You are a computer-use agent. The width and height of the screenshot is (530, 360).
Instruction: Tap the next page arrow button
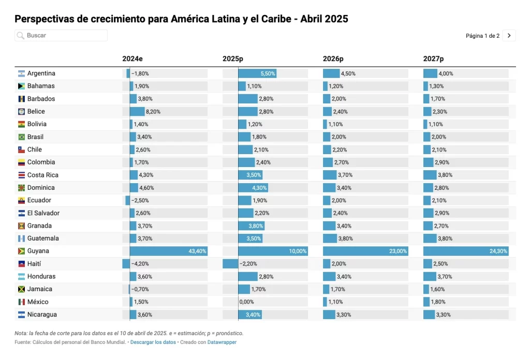509,35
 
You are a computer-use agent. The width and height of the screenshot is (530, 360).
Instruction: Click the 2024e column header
132,59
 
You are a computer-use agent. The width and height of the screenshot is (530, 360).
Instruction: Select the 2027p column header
433,59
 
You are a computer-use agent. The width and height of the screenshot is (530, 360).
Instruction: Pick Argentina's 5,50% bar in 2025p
257,73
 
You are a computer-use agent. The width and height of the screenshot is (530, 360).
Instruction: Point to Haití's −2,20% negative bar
230,264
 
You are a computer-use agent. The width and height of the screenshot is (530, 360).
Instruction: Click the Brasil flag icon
21,137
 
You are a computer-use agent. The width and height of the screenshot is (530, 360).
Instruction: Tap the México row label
38,302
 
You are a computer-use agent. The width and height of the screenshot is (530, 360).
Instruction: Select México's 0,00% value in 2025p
246,302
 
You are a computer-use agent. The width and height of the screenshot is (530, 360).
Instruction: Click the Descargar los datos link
153,342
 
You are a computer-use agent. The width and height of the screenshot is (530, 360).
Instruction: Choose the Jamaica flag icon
21,289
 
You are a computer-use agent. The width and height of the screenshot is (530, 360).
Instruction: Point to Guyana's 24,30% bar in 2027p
466,251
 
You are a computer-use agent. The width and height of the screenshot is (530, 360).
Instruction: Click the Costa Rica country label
42,175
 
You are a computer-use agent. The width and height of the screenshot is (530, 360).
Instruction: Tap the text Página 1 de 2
482,36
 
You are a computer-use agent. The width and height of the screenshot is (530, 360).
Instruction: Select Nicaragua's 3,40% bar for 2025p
250,314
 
